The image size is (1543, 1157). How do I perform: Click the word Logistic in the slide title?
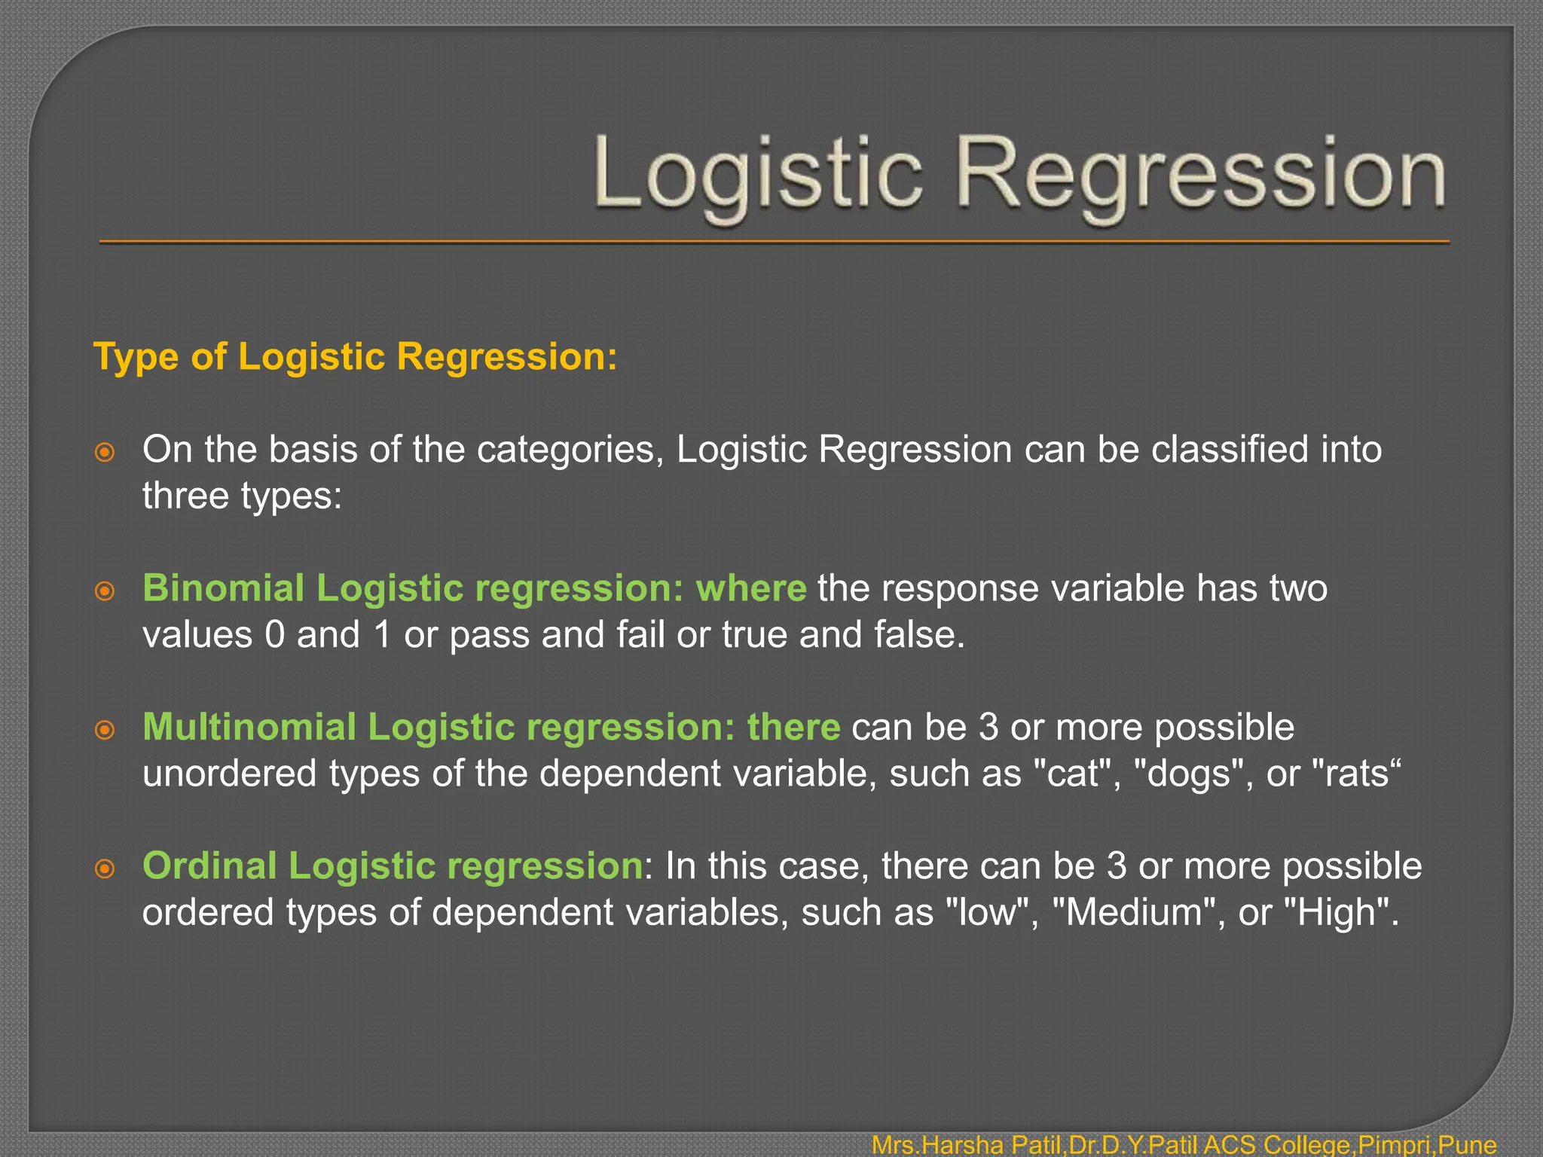coord(757,175)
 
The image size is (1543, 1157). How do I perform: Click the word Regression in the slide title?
coord(1201,175)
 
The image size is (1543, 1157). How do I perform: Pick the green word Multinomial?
coord(249,727)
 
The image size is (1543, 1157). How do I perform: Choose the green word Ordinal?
coord(209,865)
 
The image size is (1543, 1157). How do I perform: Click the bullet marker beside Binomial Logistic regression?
coord(105,591)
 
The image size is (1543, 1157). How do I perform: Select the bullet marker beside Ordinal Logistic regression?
coord(105,869)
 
